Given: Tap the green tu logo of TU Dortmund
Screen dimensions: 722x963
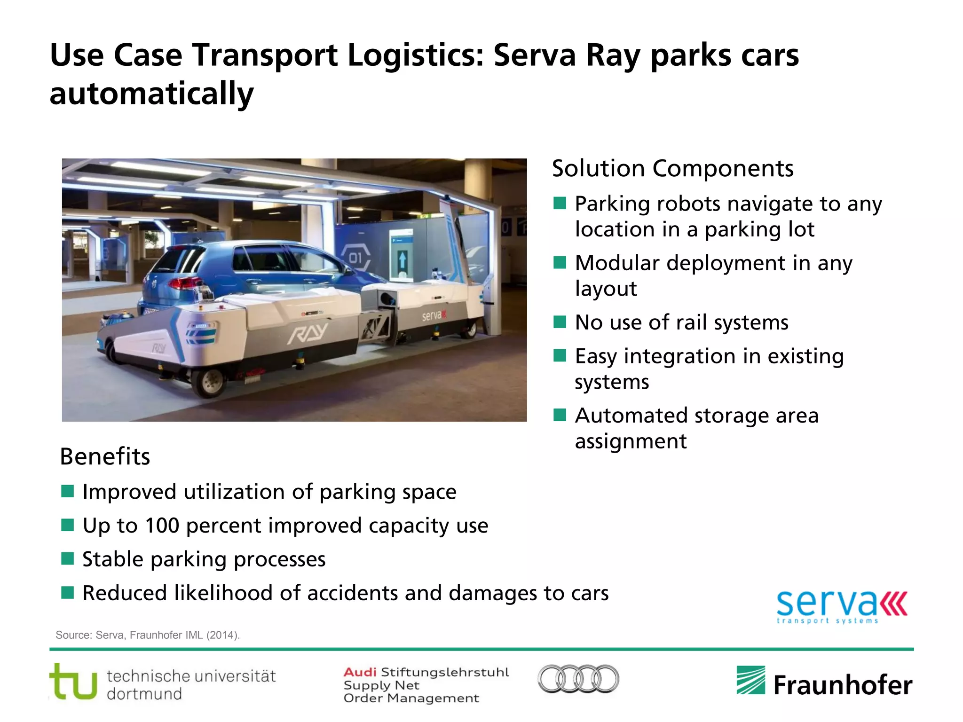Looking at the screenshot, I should (73, 682).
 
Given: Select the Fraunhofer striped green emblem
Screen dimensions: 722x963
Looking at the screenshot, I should (750, 680).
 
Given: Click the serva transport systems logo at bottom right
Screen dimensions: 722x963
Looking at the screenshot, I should (841, 606).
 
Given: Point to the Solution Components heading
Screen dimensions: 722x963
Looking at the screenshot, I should (672, 168).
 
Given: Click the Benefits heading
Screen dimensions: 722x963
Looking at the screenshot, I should (105, 456).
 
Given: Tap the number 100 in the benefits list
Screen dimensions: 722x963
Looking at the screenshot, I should (162, 526).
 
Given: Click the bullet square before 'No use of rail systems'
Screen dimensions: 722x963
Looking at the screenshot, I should (560, 322).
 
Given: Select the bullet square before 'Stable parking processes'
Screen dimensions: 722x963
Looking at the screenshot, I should (68, 559).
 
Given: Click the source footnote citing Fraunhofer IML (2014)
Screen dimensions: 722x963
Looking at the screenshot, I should (148, 635).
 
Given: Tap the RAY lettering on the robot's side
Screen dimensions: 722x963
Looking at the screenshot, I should (308, 334).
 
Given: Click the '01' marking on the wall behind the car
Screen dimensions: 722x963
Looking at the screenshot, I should (355, 258).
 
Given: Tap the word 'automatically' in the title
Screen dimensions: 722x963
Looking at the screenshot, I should (151, 94).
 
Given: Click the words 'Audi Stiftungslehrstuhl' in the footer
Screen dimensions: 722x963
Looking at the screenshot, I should (426, 672).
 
